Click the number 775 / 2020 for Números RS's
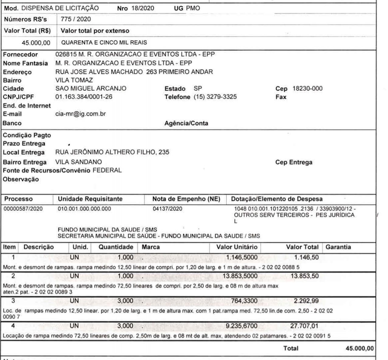[76, 19]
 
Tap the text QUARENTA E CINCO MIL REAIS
[104, 43]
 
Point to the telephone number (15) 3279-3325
[215, 97]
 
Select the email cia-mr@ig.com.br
[81, 114]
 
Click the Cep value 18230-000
[307, 89]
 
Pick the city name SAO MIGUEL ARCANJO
[91, 89]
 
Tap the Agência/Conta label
[186, 123]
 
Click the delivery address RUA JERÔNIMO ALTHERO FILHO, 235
[112, 152]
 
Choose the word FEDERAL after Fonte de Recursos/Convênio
[107, 170]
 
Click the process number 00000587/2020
[23, 209]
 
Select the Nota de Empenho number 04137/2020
[167, 209]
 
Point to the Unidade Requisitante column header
[90, 199]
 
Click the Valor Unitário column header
[237, 247]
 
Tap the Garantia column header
[338, 247]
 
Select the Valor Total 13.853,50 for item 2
[305, 276]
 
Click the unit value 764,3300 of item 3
[244, 301]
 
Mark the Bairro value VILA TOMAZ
[74, 80]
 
